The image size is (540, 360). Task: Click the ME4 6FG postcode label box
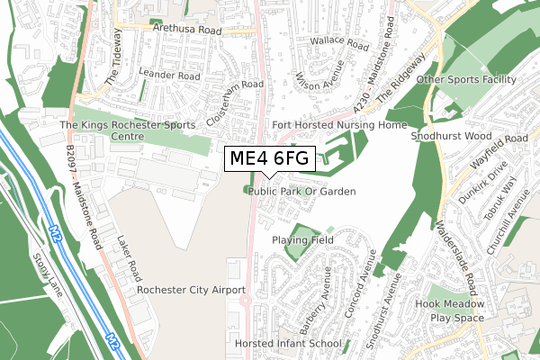point(269,159)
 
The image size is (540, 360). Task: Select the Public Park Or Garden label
point(302,192)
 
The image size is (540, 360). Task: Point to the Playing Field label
point(303,240)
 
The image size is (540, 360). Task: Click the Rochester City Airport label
point(192,291)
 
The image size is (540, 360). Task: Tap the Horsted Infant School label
point(287,344)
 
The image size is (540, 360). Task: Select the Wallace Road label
point(339,43)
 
